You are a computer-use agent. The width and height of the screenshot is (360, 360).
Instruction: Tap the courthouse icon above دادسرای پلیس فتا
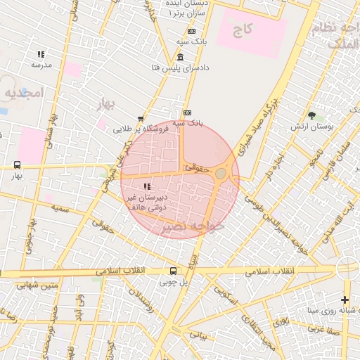coord(181,57)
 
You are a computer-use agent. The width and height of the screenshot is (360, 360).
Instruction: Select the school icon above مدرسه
coord(41,54)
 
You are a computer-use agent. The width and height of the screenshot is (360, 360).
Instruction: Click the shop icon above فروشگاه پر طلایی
coord(141,119)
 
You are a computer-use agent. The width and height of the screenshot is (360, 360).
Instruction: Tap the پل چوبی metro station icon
coord(173,271)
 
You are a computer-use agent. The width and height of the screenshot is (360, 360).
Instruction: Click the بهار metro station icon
coord(16,165)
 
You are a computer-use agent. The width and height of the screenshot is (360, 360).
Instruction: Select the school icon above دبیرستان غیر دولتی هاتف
coord(146,186)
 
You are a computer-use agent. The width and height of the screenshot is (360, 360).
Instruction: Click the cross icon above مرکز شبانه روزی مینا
coord(345,300)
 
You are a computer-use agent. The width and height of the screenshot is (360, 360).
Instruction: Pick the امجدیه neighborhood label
coord(22,92)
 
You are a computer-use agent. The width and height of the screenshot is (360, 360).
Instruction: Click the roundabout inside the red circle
coord(221,173)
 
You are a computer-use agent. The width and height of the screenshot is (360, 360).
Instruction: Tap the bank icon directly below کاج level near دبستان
coord(191,31)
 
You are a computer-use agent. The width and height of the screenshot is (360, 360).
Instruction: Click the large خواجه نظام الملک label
coord(340,35)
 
